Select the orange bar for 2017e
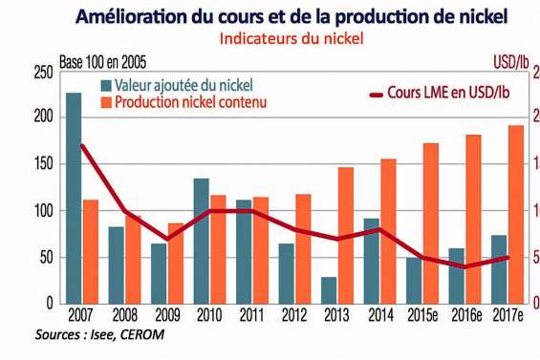pos(515,214)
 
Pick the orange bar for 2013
pos(346,235)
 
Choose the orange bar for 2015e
pos(431,223)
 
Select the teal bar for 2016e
pos(457,275)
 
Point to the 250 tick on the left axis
pos(42,73)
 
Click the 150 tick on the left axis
pos(42,164)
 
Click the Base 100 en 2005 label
pos(105,62)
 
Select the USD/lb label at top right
pos(510,62)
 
